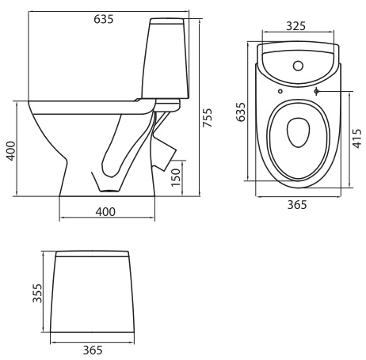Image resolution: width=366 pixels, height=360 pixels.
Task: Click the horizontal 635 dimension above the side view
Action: coord(104,19)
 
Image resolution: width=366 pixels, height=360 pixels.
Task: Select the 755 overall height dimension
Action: coord(208,118)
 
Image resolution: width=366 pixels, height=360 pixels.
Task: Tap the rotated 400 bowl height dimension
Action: coord(11,151)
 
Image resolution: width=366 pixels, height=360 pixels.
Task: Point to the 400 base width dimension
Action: coord(105,212)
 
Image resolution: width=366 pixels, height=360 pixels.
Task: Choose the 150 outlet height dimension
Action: coord(176,177)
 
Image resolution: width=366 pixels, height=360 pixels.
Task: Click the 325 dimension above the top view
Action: coord(296,26)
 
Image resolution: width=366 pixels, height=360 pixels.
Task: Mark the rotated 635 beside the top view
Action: coord(241,112)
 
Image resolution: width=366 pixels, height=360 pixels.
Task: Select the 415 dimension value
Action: coord(357,138)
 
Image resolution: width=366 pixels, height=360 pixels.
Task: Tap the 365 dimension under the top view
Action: coord(297,205)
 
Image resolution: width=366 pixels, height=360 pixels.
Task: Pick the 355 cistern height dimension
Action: coord(37,293)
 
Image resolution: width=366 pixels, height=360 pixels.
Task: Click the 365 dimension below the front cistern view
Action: coord(93,350)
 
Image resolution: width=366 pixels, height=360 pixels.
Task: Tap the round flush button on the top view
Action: coord(298,66)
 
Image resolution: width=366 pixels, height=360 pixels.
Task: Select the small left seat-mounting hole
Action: coord(280,91)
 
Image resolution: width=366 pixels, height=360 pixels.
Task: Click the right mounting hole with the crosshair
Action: coord(316,91)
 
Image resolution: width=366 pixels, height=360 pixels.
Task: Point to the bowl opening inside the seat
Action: coord(298,132)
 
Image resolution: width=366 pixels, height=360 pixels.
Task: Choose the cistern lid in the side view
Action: coord(167,21)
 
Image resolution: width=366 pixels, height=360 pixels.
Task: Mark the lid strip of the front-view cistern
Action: coord(92,254)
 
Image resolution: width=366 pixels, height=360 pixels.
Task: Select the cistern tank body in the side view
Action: coord(166,61)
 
